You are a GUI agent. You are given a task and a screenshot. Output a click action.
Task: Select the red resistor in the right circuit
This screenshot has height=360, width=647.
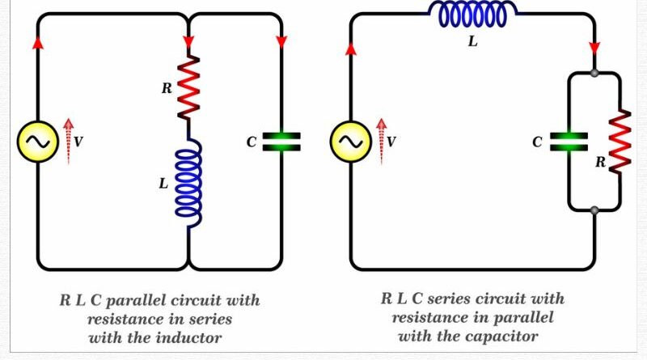[x=620, y=142]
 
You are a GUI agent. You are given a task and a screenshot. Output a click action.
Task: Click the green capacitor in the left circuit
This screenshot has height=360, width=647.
[x=281, y=142]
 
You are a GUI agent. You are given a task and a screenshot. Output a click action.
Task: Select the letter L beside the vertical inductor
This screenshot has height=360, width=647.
[x=163, y=184]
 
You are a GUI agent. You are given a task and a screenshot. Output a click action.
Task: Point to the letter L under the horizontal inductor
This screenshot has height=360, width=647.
[x=472, y=42]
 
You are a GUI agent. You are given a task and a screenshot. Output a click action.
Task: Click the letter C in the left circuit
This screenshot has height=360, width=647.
[x=252, y=142]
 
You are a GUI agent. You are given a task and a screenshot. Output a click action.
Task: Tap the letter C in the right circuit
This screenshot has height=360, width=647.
[x=537, y=142]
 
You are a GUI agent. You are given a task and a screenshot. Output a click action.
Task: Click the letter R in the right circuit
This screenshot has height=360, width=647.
[x=600, y=162]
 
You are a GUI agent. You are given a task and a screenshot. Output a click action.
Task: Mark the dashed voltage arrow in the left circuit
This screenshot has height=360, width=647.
[x=68, y=141]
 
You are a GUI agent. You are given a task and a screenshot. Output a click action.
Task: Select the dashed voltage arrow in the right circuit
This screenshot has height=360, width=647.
[x=381, y=141]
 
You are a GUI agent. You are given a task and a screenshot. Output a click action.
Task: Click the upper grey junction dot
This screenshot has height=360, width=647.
[x=594, y=73]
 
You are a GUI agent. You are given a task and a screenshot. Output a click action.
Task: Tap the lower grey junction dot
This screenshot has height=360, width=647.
[x=594, y=211]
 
